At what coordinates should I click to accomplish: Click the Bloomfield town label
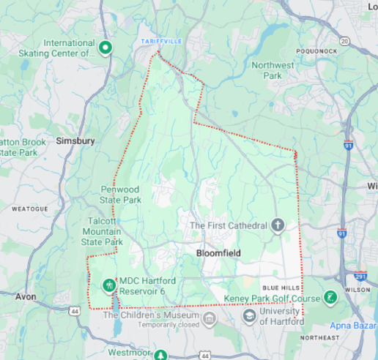[x=220, y=252]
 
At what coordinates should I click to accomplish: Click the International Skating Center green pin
[x=105, y=48]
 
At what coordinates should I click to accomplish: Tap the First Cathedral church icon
[x=278, y=225]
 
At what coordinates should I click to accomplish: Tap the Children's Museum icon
[x=210, y=318]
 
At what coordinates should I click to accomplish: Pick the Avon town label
[x=26, y=297]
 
